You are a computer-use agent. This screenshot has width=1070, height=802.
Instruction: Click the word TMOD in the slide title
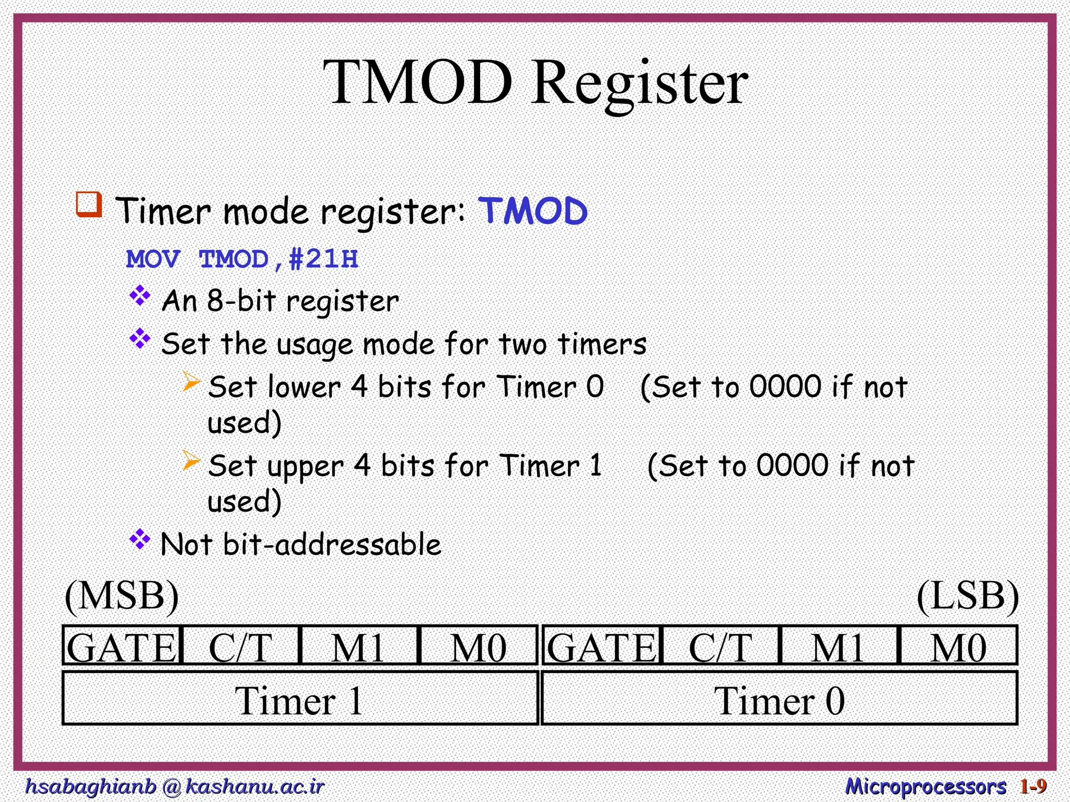point(417,82)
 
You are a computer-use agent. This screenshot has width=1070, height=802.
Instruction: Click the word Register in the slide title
point(640,84)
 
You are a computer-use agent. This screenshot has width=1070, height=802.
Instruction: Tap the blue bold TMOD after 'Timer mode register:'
point(533,211)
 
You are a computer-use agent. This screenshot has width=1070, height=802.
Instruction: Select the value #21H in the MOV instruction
point(323,259)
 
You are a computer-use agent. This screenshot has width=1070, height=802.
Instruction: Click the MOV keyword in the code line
point(153,259)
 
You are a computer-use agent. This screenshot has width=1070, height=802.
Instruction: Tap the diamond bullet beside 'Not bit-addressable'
point(140,539)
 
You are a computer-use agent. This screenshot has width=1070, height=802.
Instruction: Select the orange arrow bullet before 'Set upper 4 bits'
point(191,461)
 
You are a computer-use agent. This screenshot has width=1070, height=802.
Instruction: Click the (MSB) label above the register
point(122,596)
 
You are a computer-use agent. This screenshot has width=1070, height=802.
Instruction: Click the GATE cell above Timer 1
point(122,646)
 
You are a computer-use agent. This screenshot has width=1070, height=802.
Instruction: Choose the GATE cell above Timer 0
point(601,646)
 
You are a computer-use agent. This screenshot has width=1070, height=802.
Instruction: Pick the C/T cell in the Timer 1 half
point(241,646)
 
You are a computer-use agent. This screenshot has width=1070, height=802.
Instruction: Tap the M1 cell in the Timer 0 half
point(838,646)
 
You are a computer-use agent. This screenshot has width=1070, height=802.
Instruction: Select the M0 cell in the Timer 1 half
point(478,646)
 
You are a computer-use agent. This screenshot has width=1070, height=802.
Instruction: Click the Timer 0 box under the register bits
point(779,700)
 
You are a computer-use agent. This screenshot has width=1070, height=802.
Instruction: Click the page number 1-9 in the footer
point(1033,786)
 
